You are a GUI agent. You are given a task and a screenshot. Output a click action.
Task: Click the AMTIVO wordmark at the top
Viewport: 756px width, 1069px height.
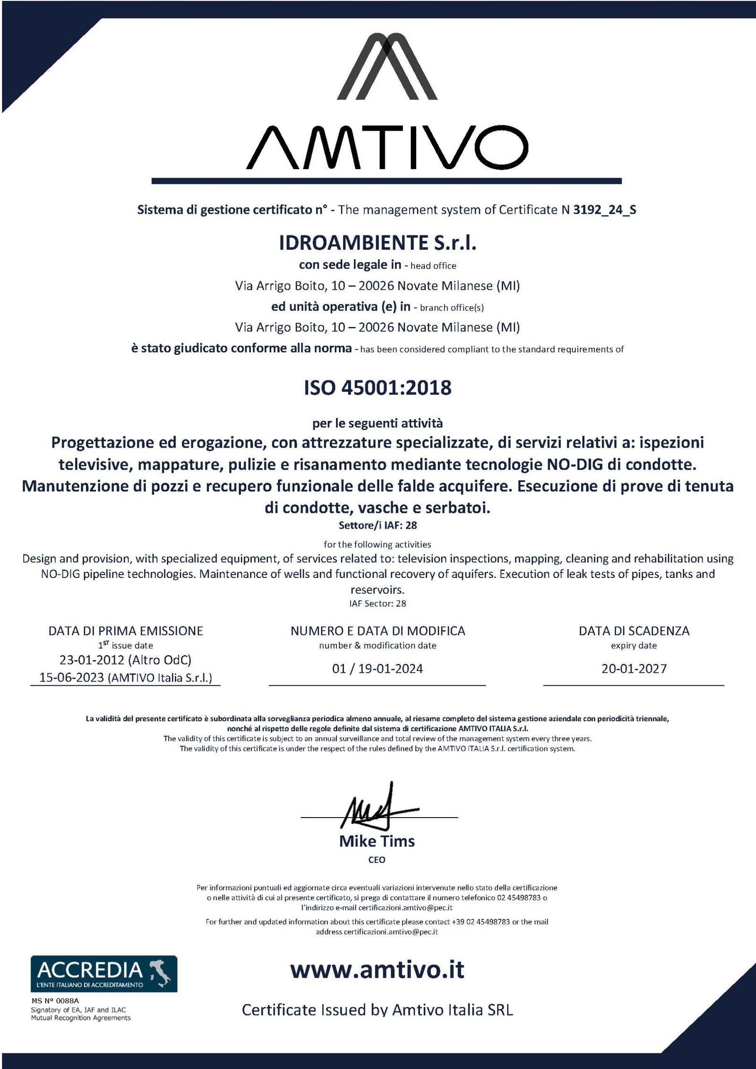click(x=387, y=147)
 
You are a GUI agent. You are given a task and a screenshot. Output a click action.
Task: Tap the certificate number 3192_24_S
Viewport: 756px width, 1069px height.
click(x=604, y=210)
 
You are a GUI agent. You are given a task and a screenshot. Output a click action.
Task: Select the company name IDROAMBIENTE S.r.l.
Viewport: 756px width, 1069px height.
click(x=378, y=243)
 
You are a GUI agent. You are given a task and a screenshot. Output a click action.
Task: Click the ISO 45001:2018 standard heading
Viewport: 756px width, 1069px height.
click(x=378, y=388)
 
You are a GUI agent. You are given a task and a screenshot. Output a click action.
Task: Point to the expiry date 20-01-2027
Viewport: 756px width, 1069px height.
click(x=634, y=669)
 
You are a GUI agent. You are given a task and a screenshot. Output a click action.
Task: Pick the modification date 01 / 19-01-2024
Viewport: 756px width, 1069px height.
click(x=378, y=669)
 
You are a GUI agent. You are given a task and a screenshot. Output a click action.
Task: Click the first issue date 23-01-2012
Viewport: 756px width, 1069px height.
click(x=92, y=660)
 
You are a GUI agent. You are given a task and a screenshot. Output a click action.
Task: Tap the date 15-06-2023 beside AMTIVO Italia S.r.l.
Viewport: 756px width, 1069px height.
click(x=71, y=678)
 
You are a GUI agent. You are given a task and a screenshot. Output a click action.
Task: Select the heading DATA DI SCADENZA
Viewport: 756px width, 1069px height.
click(x=634, y=631)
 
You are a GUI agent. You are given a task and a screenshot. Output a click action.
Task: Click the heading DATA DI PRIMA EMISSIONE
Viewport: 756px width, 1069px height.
click(x=126, y=631)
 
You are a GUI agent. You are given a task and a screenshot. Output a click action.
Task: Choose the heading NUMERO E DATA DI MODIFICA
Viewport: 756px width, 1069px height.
click(x=378, y=631)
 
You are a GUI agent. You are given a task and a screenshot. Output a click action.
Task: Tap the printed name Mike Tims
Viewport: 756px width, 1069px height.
click(x=377, y=841)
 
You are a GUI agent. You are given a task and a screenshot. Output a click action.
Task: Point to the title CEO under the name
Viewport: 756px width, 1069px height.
click(x=377, y=860)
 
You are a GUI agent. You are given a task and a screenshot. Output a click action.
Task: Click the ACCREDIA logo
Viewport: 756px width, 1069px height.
click(x=104, y=974)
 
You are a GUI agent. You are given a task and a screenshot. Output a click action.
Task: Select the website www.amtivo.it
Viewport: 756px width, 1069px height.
click(x=378, y=970)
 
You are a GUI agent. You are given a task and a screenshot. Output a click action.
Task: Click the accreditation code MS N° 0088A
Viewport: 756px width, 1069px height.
click(x=55, y=1000)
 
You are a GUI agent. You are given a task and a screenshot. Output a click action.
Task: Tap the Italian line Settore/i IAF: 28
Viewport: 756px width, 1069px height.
click(x=378, y=526)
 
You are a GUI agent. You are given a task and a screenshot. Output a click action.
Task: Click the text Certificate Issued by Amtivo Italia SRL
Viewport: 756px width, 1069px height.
click(x=378, y=1010)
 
